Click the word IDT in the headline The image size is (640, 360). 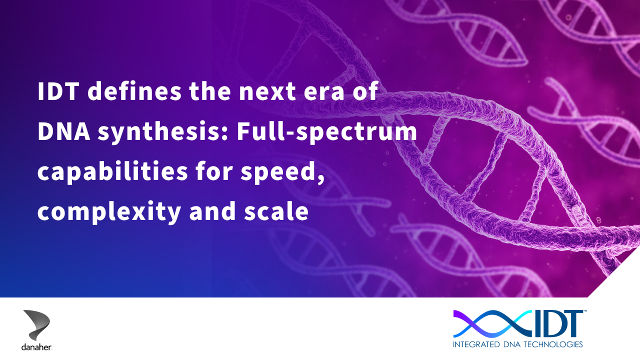pyautogui.click(x=58, y=91)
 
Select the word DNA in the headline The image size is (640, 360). pyautogui.click(x=64, y=131)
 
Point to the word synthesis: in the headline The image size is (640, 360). pyautogui.click(x=163, y=132)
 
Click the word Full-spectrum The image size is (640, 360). pyautogui.click(x=327, y=132)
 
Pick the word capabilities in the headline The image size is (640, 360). pyautogui.click(x=112, y=172)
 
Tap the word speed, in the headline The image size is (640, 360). pyautogui.click(x=282, y=172)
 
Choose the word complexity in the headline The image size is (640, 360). pyautogui.click(x=109, y=212)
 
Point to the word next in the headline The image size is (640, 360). pyautogui.click(x=267, y=92)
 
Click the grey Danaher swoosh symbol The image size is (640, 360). pyautogui.click(x=36, y=325)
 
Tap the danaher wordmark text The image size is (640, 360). pyautogui.click(x=36, y=347)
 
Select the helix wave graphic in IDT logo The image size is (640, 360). pyautogui.click(x=492, y=324)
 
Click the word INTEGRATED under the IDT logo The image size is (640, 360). pyautogui.click(x=476, y=344)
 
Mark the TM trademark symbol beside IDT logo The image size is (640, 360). pyautogui.click(x=585, y=311)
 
